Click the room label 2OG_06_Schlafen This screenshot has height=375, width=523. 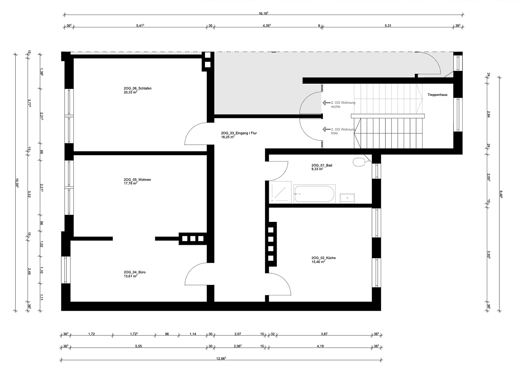coord(137,89)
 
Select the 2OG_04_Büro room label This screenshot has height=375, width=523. coord(135,272)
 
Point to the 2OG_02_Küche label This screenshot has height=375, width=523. coord(323,258)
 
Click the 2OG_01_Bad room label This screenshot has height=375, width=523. coord(321,165)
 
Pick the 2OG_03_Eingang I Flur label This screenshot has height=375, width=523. coord(239,133)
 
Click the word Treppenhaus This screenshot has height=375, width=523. coord(437,94)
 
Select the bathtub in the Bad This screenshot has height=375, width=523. coord(314,194)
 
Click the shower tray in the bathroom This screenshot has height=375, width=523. coord(280,192)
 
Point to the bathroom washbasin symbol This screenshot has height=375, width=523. coord(347,198)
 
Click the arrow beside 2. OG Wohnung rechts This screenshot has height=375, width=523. coord(326,103)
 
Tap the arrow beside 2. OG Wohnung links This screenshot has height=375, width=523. coord(326,130)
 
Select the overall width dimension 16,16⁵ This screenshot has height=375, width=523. coord(264,13)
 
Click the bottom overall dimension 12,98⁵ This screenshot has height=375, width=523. coord(221,359)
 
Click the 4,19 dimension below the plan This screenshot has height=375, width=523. coord(324,346)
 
